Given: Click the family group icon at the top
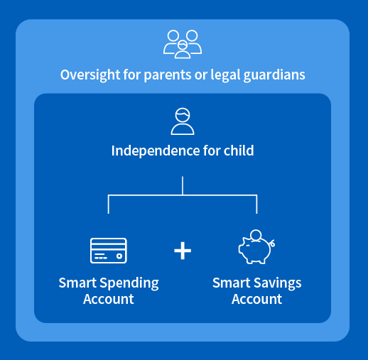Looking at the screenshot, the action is [x=183, y=44].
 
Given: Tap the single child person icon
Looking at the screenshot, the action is [x=183, y=121].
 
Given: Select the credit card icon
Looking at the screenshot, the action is [x=109, y=251].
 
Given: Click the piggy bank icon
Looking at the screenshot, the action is [x=256, y=247].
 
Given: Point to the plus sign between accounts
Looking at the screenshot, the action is [x=183, y=251].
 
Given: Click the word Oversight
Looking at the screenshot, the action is [x=90, y=75].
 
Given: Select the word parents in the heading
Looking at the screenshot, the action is [x=168, y=75].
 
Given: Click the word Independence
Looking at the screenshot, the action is [x=156, y=151].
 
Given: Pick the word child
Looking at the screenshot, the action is [x=239, y=151].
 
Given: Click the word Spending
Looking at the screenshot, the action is [x=129, y=283].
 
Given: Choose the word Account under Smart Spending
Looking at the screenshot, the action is [x=109, y=299].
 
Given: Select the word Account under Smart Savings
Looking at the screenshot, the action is [x=256, y=299].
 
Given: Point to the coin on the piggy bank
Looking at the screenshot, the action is [x=256, y=235].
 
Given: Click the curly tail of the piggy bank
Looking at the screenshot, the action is [x=273, y=243].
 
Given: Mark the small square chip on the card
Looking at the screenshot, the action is [x=119, y=256].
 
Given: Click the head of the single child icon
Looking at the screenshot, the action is [x=183, y=115].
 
